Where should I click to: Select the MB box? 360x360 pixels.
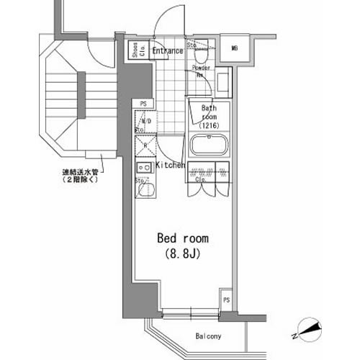pos(235,48)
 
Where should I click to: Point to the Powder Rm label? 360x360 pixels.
pos(201,71)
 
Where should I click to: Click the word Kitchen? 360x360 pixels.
pos(171,165)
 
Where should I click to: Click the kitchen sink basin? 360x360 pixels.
pos(144,191)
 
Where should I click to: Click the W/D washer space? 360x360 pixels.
pos(144,122)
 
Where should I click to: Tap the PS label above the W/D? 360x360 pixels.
pos(144,104)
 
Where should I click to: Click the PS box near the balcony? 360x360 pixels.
pos(226,300)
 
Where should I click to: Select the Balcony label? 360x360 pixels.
pos(208,336)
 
